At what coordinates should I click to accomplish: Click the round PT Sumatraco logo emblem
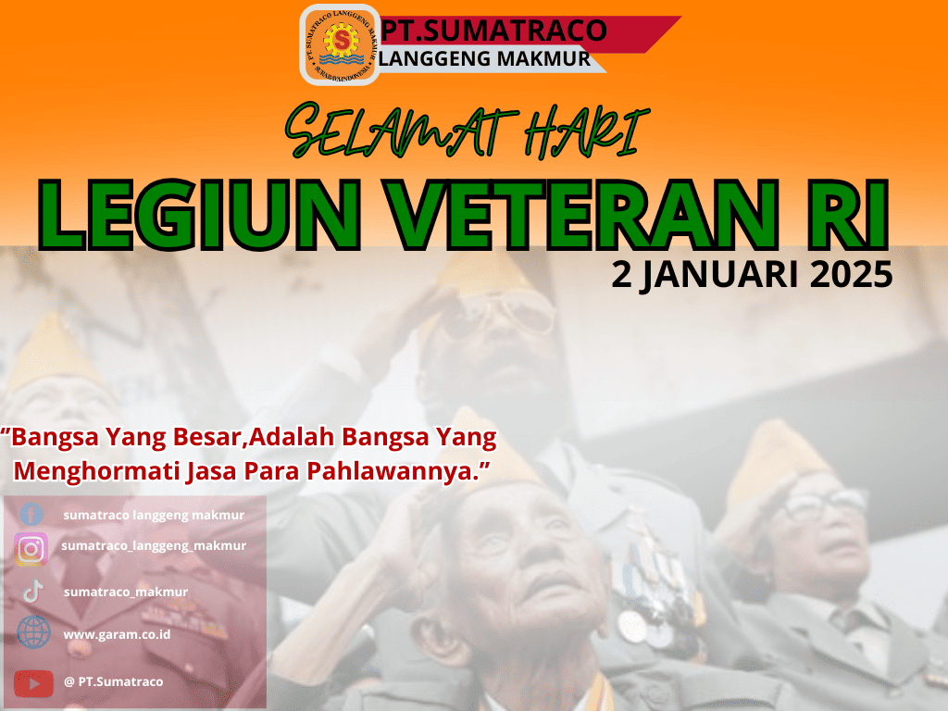pyautogui.click(x=340, y=44)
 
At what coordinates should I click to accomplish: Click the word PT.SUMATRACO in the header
pyautogui.click(x=493, y=31)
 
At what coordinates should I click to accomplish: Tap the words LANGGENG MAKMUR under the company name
pyautogui.click(x=485, y=58)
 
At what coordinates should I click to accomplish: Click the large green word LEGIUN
pyautogui.click(x=200, y=215)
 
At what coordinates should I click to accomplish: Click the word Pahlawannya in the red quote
pyautogui.click(x=399, y=471)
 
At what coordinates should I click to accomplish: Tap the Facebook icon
pyautogui.click(x=31, y=515)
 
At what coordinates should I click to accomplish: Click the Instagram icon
pyautogui.click(x=31, y=549)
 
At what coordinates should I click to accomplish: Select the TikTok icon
pyautogui.click(x=33, y=592)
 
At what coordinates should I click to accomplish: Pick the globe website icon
pyautogui.click(x=34, y=632)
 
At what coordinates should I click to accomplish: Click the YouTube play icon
pyautogui.click(x=33, y=683)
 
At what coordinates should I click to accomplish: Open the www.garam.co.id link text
pyautogui.click(x=117, y=635)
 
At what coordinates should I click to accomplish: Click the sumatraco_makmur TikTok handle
pyautogui.click(x=126, y=592)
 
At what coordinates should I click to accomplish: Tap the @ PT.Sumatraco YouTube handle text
pyautogui.click(x=114, y=682)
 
